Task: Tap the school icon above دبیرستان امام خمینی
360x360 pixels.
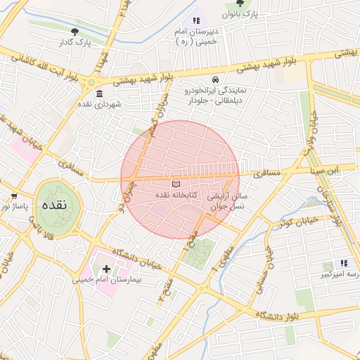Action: tap(196, 21)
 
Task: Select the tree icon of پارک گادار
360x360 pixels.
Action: tap(75, 32)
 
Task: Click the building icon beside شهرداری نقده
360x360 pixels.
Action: tap(98, 94)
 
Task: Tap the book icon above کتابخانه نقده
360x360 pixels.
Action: tap(176, 184)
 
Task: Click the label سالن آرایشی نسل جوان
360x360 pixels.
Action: tap(229, 202)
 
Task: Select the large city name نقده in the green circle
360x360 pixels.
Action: tap(54, 206)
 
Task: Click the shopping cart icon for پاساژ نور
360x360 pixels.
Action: tap(13, 196)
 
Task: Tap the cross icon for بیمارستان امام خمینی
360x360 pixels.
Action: tap(106, 269)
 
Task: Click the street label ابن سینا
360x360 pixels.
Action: tap(326, 169)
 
